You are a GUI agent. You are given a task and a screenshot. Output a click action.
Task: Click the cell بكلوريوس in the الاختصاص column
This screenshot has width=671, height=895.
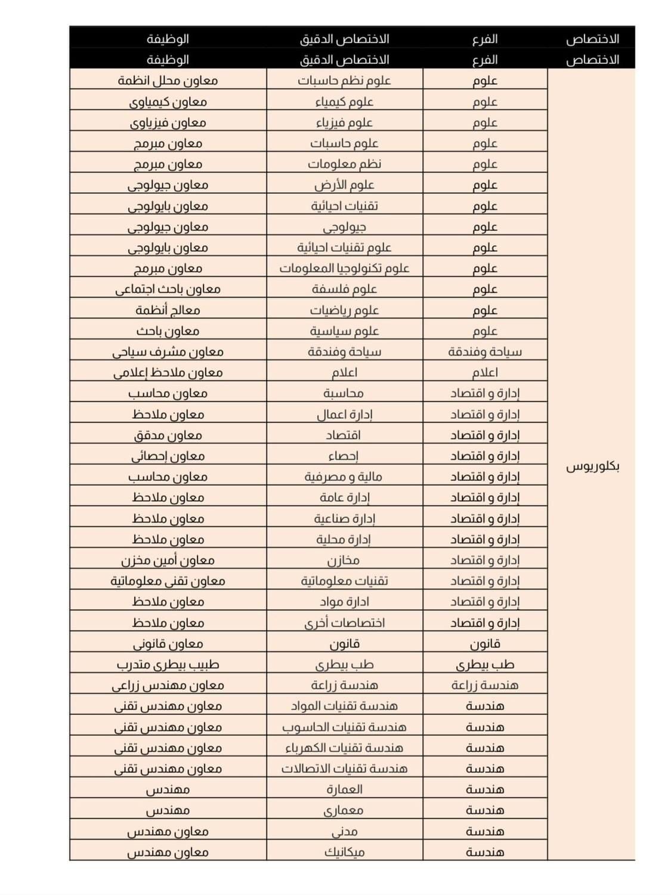(x=592, y=466)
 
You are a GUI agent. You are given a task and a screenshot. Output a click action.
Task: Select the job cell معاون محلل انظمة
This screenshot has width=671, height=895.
(x=168, y=81)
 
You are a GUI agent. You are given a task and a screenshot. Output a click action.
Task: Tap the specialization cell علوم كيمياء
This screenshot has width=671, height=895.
(x=344, y=101)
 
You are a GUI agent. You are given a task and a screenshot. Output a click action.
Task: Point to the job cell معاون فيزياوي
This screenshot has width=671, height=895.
(x=168, y=122)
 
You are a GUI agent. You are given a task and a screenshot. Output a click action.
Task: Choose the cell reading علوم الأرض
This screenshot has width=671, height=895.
(x=344, y=185)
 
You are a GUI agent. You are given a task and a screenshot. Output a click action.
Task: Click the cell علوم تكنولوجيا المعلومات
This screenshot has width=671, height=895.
(x=344, y=268)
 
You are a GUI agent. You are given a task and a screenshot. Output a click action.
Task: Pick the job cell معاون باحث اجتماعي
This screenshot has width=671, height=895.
(x=168, y=289)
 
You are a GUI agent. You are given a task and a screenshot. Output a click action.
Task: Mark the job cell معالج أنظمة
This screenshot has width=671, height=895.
(x=168, y=310)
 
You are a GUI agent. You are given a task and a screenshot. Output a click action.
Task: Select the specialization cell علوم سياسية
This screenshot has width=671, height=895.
(x=344, y=331)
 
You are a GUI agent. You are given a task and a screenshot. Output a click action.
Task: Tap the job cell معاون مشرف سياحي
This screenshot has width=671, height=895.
(x=168, y=351)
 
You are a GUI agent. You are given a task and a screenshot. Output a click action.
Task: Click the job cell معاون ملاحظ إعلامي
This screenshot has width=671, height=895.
(x=168, y=372)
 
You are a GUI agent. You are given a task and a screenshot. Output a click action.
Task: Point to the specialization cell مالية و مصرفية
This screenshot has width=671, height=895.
(x=344, y=476)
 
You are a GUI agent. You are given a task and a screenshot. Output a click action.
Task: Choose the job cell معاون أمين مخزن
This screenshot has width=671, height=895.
(x=168, y=560)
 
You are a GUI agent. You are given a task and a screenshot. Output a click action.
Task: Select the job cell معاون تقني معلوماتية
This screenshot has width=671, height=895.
(x=168, y=581)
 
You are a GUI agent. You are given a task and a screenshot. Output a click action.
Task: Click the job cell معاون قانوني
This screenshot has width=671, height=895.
(x=168, y=643)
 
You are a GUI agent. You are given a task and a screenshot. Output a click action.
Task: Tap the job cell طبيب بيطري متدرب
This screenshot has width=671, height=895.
(x=168, y=664)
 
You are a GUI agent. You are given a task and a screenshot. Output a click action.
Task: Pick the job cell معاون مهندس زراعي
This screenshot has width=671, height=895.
(x=168, y=685)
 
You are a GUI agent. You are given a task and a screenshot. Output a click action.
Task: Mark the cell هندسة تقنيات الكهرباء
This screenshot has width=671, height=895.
(x=344, y=748)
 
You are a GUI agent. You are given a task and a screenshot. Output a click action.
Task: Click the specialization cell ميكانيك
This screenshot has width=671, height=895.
(x=344, y=851)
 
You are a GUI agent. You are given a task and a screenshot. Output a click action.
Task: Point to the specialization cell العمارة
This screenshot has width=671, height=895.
(x=344, y=789)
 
